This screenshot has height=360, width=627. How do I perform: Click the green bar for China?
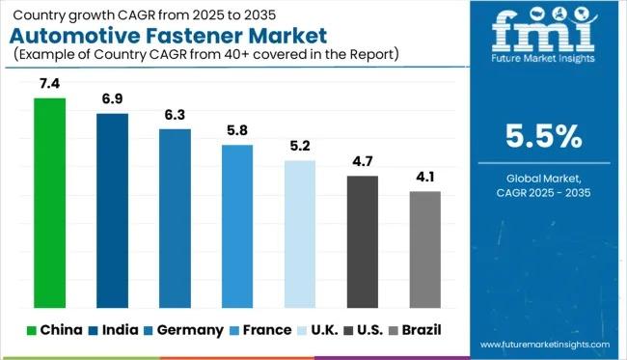point(49,203)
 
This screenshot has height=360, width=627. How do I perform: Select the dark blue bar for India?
point(112,210)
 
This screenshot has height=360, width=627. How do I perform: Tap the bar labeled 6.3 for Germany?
point(175,218)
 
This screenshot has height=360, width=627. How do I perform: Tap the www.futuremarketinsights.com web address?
point(543,344)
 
